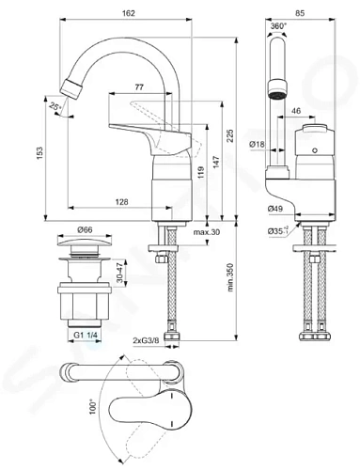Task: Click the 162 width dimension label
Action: coord(128,13)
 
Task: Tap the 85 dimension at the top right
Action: coord(300,13)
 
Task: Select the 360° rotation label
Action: coord(278,26)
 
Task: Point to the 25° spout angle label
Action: coord(55,106)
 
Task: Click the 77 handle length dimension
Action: coord(139,87)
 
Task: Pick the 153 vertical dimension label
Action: coord(39,153)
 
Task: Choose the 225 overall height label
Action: coord(230,135)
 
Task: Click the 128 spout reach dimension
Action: coord(121,202)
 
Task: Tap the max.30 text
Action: coord(207,232)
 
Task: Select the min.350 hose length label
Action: coord(230,277)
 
